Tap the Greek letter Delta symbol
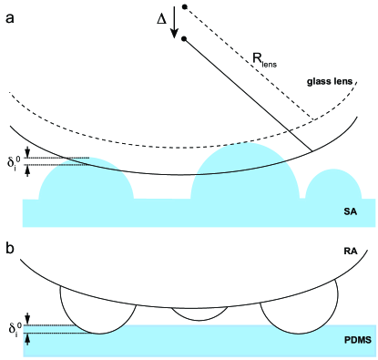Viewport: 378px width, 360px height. point(162,16)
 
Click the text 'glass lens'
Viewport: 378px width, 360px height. point(332,81)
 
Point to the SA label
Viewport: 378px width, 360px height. point(350,211)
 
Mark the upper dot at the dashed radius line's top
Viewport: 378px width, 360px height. point(185,7)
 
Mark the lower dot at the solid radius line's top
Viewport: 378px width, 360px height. point(185,39)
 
